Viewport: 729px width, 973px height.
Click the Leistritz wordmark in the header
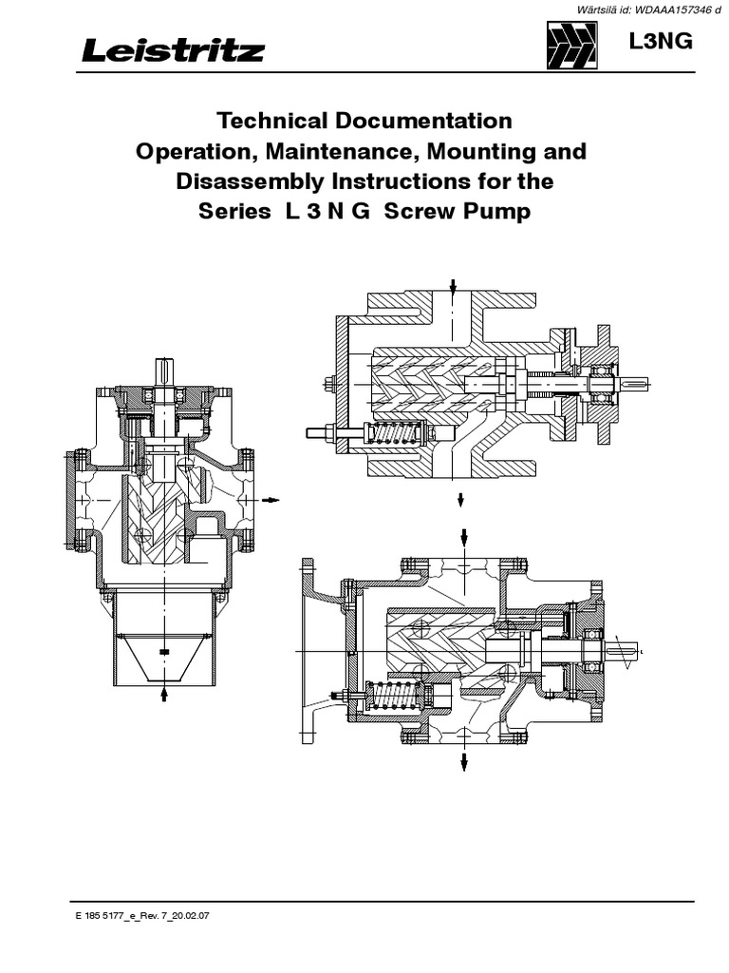172,50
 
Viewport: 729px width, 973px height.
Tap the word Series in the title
234,211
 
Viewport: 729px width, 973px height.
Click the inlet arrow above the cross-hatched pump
454,288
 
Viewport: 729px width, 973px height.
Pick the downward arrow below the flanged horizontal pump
464,762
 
